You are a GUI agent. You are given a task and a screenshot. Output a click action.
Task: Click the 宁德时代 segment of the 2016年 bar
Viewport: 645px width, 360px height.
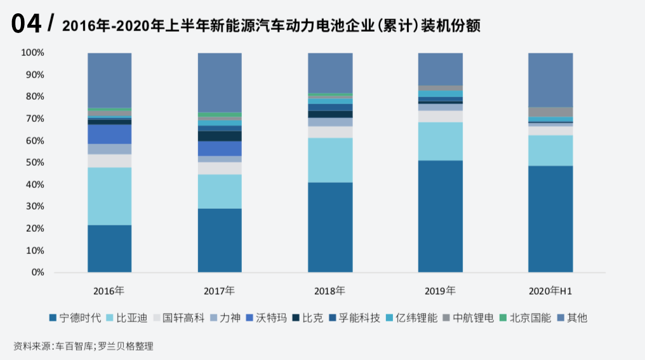tap(109, 248)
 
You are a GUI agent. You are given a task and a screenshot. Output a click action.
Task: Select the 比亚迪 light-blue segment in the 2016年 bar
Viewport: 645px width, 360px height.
tap(109, 196)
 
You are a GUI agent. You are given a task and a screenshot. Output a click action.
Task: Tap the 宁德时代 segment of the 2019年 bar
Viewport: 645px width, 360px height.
tap(440, 216)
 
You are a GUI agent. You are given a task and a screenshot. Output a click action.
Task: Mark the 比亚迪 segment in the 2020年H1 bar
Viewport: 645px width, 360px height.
tap(550, 150)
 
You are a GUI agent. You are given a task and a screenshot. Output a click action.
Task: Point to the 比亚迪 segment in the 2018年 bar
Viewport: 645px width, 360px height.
tap(330, 160)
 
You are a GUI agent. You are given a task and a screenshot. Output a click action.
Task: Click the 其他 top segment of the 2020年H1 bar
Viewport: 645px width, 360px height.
tap(550, 80)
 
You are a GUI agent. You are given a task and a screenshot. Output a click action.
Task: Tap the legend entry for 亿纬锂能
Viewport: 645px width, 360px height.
tap(411, 317)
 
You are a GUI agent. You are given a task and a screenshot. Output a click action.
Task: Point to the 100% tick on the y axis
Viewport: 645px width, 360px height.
tap(33, 53)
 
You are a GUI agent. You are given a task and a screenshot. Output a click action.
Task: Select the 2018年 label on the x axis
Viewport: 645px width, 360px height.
tap(329, 291)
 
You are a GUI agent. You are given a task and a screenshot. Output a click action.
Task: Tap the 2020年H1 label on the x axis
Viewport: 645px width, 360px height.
tap(550, 291)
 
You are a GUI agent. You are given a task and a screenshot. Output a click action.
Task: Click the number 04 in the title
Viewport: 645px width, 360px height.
tap(27, 24)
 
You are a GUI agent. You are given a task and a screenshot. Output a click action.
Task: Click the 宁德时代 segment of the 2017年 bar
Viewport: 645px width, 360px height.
tap(220, 240)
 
